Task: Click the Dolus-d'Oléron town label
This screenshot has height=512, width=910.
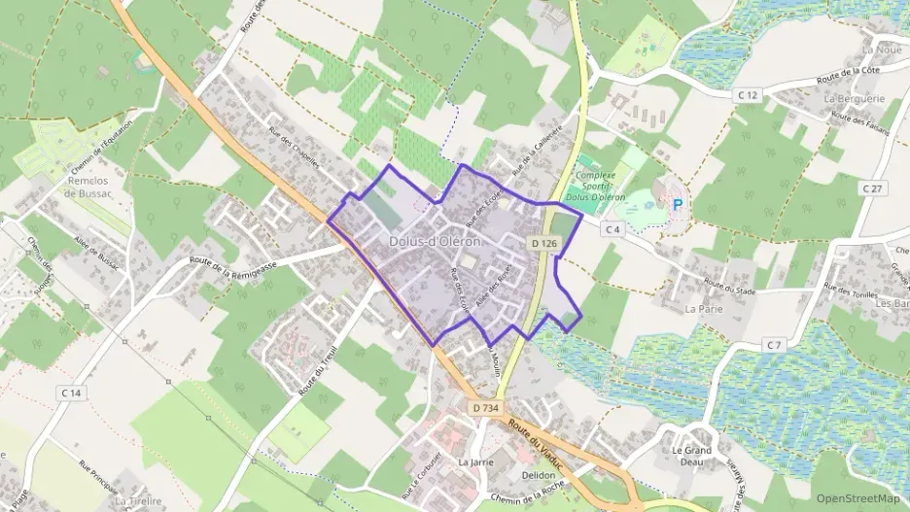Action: pos(434,241)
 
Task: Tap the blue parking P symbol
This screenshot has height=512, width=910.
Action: pos(678,205)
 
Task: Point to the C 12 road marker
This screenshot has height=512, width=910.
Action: pos(747,94)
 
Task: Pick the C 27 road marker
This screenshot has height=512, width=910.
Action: pos(871,188)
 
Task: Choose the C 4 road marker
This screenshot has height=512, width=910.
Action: pos(611,229)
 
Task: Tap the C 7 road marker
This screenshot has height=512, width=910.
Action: pos(774,345)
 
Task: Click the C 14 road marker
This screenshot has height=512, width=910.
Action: pos(70,393)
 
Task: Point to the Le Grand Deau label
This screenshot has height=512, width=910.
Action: pos(691,457)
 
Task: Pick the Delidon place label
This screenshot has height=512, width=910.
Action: pos(538,475)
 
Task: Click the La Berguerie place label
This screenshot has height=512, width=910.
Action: pos(855,99)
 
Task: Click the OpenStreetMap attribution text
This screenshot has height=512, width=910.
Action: pos(857,498)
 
